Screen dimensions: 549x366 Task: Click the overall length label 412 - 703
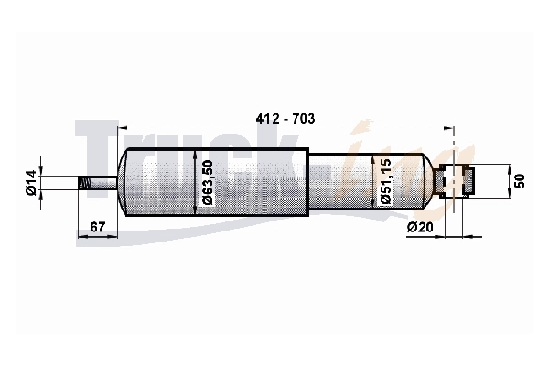pyautogui.click(x=285, y=119)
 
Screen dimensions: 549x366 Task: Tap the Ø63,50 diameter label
pyautogui.click(x=208, y=182)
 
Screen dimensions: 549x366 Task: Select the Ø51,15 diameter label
pyautogui.click(x=385, y=181)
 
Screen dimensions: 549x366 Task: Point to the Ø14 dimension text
pyautogui.click(x=31, y=182)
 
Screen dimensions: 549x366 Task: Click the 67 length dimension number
pyautogui.click(x=97, y=227)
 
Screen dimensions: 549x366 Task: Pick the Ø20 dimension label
pyautogui.click(x=420, y=227)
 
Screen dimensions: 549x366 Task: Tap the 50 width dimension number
pyautogui.click(x=521, y=181)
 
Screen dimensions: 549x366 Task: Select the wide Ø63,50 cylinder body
pyautogui.click(x=213, y=182)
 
